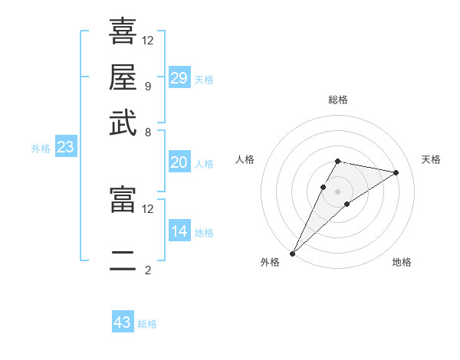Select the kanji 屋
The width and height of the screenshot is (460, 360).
click(123, 77)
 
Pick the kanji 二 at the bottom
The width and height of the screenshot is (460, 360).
click(123, 261)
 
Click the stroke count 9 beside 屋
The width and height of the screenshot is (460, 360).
click(147, 86)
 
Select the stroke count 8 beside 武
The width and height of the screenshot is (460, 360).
click(147, 132)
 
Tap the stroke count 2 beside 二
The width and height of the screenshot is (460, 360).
click(147, 270)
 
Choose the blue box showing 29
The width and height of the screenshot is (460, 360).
click(179, 78)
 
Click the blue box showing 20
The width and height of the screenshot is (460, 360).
click(179, 162)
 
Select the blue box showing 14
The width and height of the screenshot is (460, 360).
click(179, 231)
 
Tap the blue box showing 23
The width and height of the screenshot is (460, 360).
click(65, 147)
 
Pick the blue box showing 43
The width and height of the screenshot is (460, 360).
click(123, 322)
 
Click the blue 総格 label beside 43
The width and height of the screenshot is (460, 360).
click(147, 324)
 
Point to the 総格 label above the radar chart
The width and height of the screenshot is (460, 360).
click(338, 100)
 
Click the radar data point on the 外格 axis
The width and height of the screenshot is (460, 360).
click(293, 253)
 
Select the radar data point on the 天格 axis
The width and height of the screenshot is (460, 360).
click(396, 172)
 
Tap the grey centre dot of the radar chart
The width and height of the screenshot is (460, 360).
click(338, 191)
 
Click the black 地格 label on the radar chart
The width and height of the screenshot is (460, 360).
click(402, 262)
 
